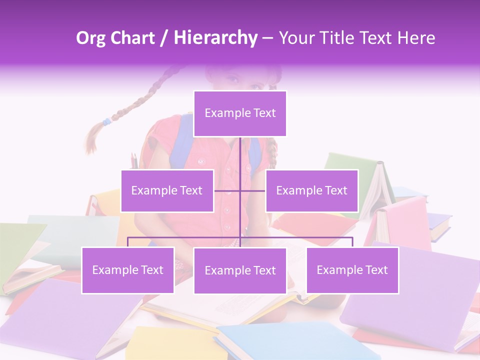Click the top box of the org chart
[240, 113]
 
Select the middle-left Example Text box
[167, 190]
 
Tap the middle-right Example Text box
[311, 190]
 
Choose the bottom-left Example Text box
[127, 270]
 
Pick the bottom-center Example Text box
[240, 270]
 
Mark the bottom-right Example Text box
[352, 270]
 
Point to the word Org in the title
[90, 38]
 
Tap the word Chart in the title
[132, 38]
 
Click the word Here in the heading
[416, 38]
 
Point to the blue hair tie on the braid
[106, 121]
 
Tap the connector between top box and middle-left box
[227, 190]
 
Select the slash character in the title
[164, 38]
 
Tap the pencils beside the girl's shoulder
[134, 160]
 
